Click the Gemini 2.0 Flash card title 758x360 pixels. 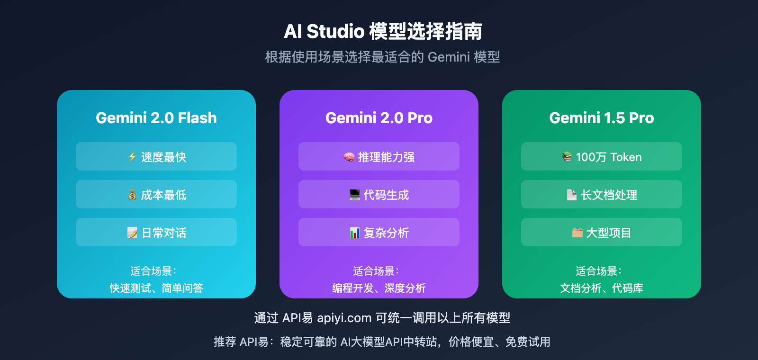click(x=156, y=118)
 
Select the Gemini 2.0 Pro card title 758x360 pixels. click(x=379, y=118)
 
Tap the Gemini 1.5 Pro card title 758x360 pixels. click(x=602, y=118)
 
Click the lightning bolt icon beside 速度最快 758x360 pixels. click(x=132, y=157)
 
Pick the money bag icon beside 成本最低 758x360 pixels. click(x=132, y=195)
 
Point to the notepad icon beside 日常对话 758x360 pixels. click(x=132, y=233)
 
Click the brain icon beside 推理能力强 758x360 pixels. click(x=349, y=157)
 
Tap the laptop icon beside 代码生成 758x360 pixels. click(x=355, y=195)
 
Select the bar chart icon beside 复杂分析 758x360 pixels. click(x=355, y=233)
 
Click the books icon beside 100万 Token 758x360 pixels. click(x=567, y=157)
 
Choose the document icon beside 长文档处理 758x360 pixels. click(x=572, y=195)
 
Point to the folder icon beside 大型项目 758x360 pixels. click(x=577, y=233)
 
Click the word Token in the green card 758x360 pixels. click(x=626, y=157)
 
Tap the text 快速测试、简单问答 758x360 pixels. click(x=156, y=288)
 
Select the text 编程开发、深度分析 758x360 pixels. click(x=379, y=288)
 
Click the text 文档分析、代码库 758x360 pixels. click(x=602, y=288)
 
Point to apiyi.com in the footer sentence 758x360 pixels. click(x=344, y=318)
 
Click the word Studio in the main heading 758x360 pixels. click(x=335, y=32)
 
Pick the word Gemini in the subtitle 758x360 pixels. click(x=449, y=57)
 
